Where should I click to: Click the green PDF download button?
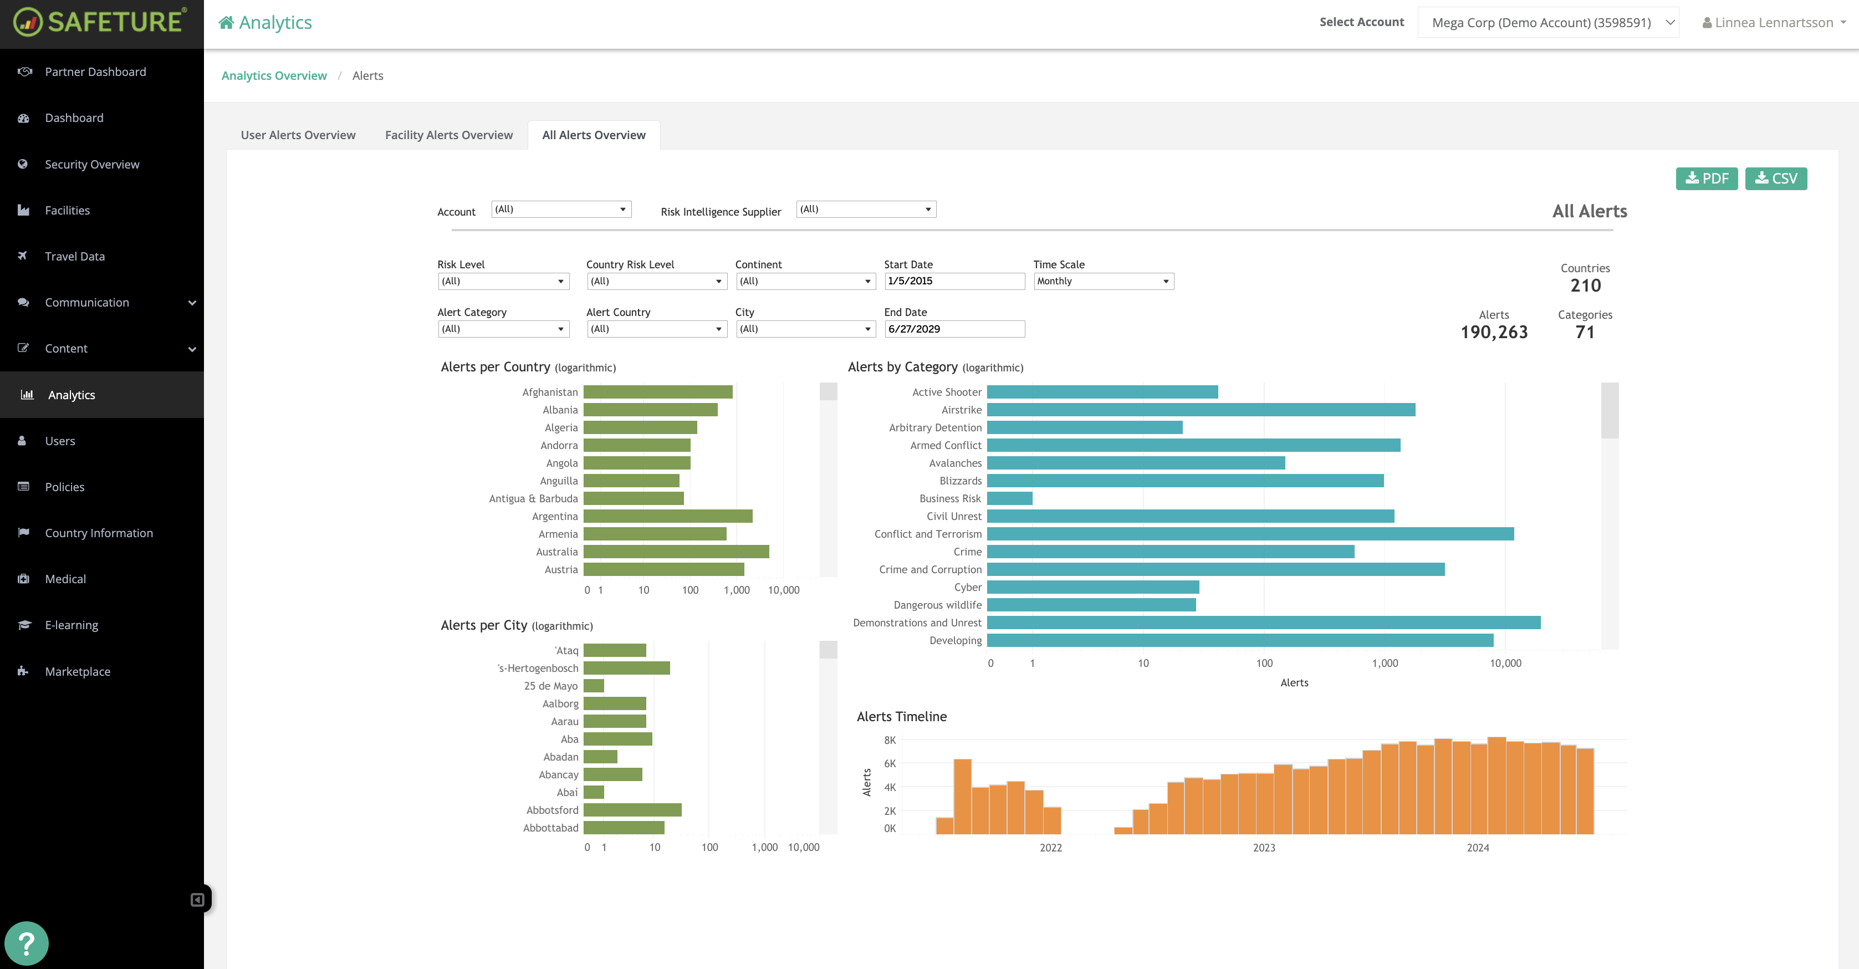[x=1706, y=178]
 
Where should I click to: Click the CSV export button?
[x=1775, y=178]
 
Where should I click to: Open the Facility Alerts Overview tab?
[x=448, y=135]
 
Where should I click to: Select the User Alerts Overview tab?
[x=298, y=135]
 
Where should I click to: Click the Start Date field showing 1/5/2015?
[x=953, y=282]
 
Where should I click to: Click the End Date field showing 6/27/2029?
[x=953, y=329]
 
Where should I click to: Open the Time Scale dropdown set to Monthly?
[x=1102, y=282]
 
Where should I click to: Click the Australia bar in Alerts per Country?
[x=676, y=552]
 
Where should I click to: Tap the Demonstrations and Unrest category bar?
[x=1263, y=623]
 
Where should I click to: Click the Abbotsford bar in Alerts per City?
[x=632, y=810]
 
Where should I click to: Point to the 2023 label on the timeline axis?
[x=1264, y=848]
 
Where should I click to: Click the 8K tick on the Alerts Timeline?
[x=890, y=740]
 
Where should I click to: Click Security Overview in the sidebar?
[x=91, y=165]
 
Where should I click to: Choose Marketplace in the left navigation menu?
[x=77, y=672]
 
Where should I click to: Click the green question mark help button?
[x=26, y=943]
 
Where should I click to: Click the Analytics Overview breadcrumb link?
[x=273, y=76]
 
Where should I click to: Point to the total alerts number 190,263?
[x=1494, y=333]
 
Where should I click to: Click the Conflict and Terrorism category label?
[x=927, y=534]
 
